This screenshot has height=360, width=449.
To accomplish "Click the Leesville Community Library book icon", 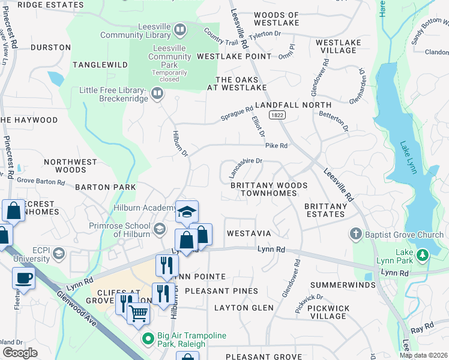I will [x=179, y=29].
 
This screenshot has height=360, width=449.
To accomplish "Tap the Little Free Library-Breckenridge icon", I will [x=157, y=93].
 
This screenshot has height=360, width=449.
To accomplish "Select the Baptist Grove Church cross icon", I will [x=356, y=233].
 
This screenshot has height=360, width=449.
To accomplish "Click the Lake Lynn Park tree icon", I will [x=423, y=255].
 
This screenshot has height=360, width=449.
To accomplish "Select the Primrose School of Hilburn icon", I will [x=160, y=228].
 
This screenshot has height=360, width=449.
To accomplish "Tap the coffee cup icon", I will [x=23, y=278].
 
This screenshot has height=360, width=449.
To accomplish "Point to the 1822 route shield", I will [x=277, y=115].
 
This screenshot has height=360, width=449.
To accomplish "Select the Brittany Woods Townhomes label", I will [x=269, y=190].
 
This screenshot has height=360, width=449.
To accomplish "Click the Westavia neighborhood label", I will [x=249, y=233].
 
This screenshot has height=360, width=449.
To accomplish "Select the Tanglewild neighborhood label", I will [x=100, y=65].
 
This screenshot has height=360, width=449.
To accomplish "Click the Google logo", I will [x=20, y=353].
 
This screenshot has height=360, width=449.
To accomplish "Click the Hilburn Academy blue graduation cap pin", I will [x=187, y=211].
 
